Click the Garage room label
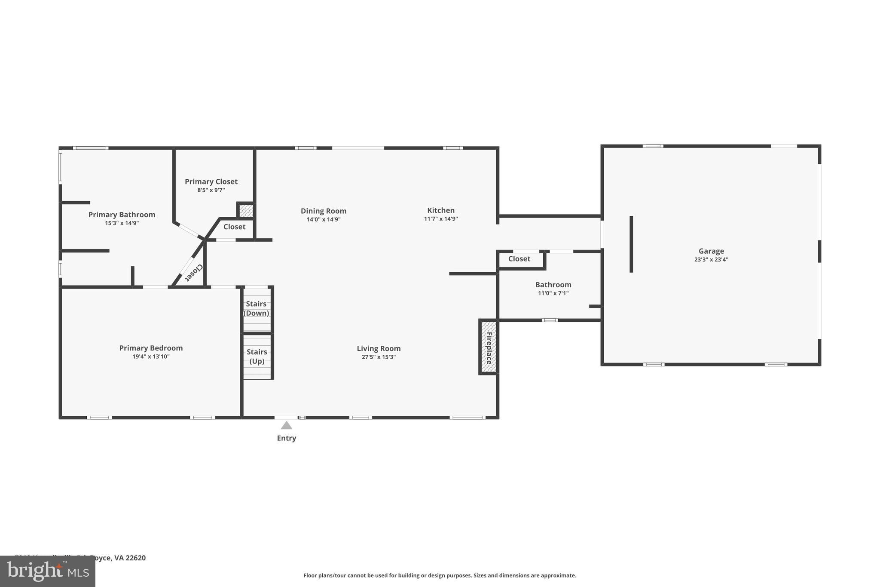pos(711,251)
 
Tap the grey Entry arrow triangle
pos(287,425)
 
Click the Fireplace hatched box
pos(489,347)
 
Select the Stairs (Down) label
pos(257,308)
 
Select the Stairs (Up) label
pos(257,357)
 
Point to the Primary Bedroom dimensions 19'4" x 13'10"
pos(151,357)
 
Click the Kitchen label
pos(441,210)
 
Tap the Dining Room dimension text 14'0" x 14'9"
pos(324,219)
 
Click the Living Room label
pos(379,348)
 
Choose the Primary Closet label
pos(211,181)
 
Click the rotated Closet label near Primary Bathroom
pos(194,273)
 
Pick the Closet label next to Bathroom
pos(519,259)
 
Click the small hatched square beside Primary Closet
pos(246,211)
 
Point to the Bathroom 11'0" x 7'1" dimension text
pos(553,293)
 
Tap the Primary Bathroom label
pos(122,215)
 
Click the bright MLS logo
pos(48,572)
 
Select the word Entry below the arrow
pos(287,438)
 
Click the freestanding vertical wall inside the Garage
pos(631,244)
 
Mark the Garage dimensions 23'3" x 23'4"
pos(711,260)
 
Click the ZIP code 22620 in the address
pos(135,558)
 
